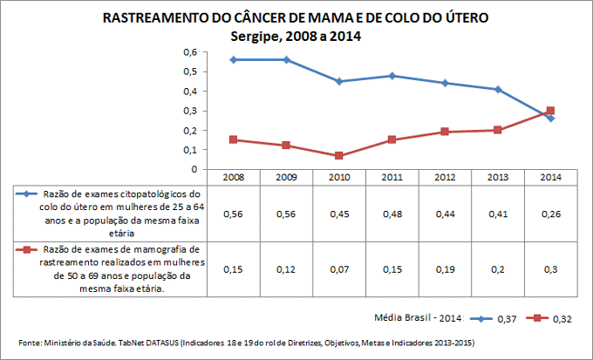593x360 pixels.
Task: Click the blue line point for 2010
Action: (x=338, y=81)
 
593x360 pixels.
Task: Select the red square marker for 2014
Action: (x=550, y=111)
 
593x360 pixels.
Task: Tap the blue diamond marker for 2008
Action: (x=233, y=59)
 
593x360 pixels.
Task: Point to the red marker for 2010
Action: (x=338, y=155)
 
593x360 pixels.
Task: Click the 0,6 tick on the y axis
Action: (x=189, y=51)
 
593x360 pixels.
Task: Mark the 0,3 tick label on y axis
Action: (x=189, y=111)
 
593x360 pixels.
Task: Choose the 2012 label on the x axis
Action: (x=445, y=177)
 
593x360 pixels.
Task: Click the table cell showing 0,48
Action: (x=392, y=214)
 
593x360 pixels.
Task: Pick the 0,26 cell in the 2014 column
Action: (x=550, y=214)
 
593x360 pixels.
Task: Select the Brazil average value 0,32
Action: (x=562, y=320)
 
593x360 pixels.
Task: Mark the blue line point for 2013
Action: (x=497, y=89)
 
